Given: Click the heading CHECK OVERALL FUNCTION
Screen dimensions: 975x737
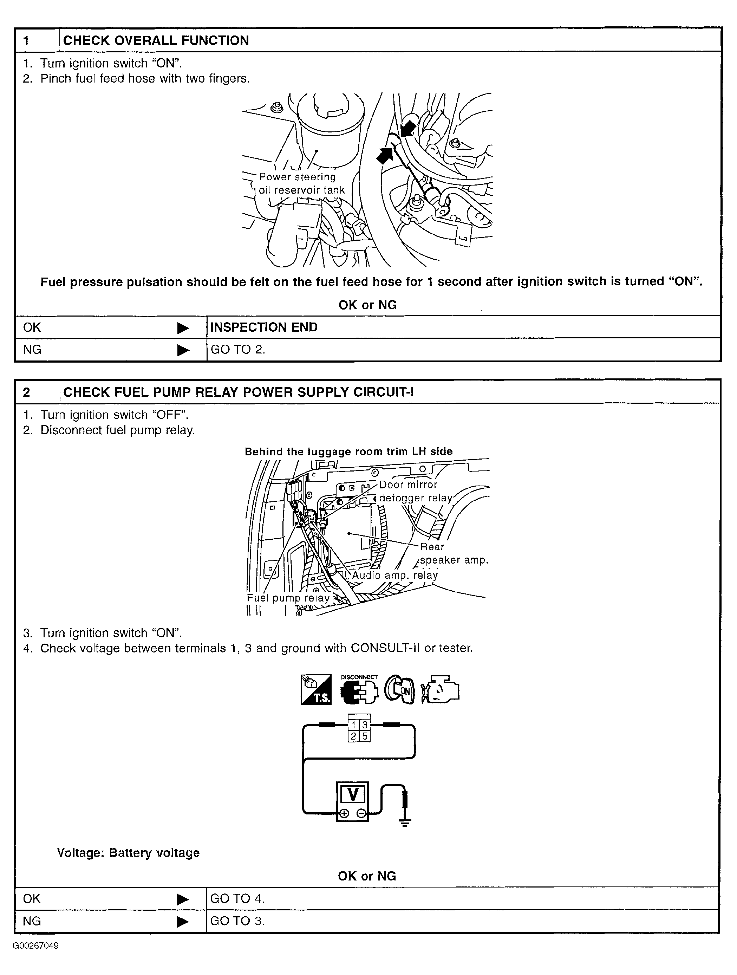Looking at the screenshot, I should (156, 40).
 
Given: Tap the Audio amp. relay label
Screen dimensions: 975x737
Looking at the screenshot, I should (394, 575).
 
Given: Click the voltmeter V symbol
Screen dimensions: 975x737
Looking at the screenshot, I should (353, 794).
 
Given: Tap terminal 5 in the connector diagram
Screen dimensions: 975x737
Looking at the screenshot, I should (365, 736).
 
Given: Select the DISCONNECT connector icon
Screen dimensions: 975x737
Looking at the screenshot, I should (359, 690).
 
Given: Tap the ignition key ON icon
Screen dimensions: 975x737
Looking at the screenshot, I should (399, 690).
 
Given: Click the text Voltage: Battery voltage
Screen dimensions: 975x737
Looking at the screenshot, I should (128, 853).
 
